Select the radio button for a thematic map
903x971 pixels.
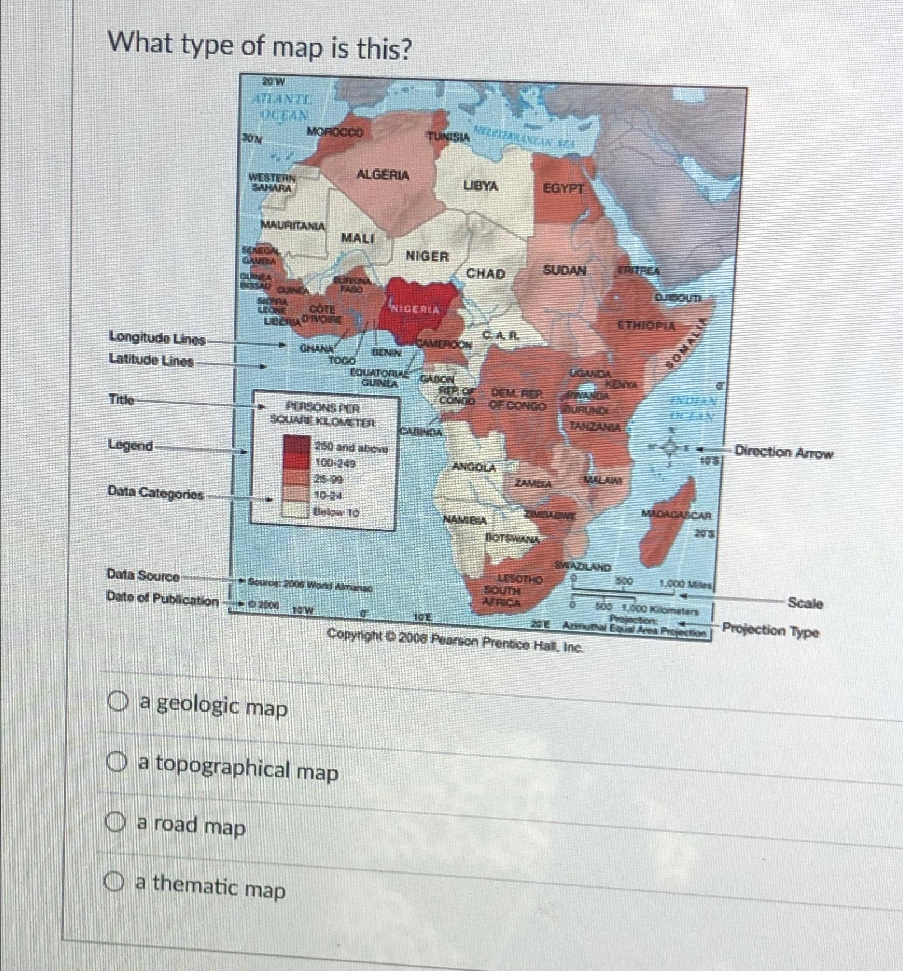point(114,882)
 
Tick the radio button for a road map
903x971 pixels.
point(114,822)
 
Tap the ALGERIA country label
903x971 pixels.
point(382,175)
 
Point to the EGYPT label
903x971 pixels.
point(563,189)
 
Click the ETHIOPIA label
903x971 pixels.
point(646,326)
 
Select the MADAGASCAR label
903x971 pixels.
point(677,515)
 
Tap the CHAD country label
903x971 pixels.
point(485,273)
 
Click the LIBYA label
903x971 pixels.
point(480,186)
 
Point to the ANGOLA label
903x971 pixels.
point(474,467)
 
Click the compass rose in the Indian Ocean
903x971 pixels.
point(669,446)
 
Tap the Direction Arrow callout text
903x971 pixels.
point(783,452)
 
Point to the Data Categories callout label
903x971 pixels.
point(156,493)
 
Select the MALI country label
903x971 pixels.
point(357,237)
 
